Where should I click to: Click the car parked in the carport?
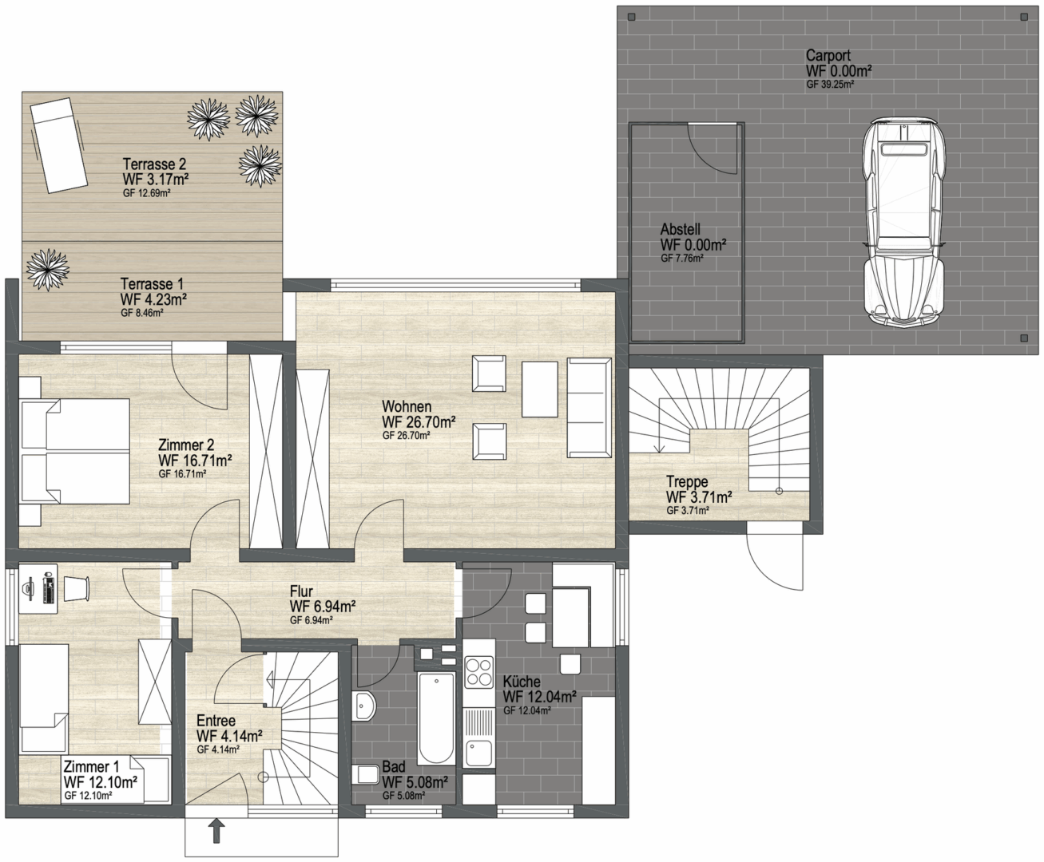[x=904, y=223]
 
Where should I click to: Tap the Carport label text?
[x=828, y=55]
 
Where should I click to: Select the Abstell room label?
[x=680, y=229]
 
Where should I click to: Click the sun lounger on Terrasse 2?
[x=59, y=145]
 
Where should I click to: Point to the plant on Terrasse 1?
[x=47, y=270]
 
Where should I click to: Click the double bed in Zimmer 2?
[x=75, y=451]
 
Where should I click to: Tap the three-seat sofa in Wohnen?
[x=589, y=407]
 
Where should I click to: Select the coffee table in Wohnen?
[x=539, y=389]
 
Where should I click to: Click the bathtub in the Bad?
[x=436, y=718]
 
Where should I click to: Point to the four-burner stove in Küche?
[x=479, y=672]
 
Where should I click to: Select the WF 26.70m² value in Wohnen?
[x=419, y=422]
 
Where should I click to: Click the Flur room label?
[x=301, y=591]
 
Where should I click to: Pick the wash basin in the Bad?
[x=364, y=706]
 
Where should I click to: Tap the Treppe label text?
[x=687, y=481]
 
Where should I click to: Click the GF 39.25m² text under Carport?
[x=829, y=85]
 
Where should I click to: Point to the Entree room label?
[x=216, y=720]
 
